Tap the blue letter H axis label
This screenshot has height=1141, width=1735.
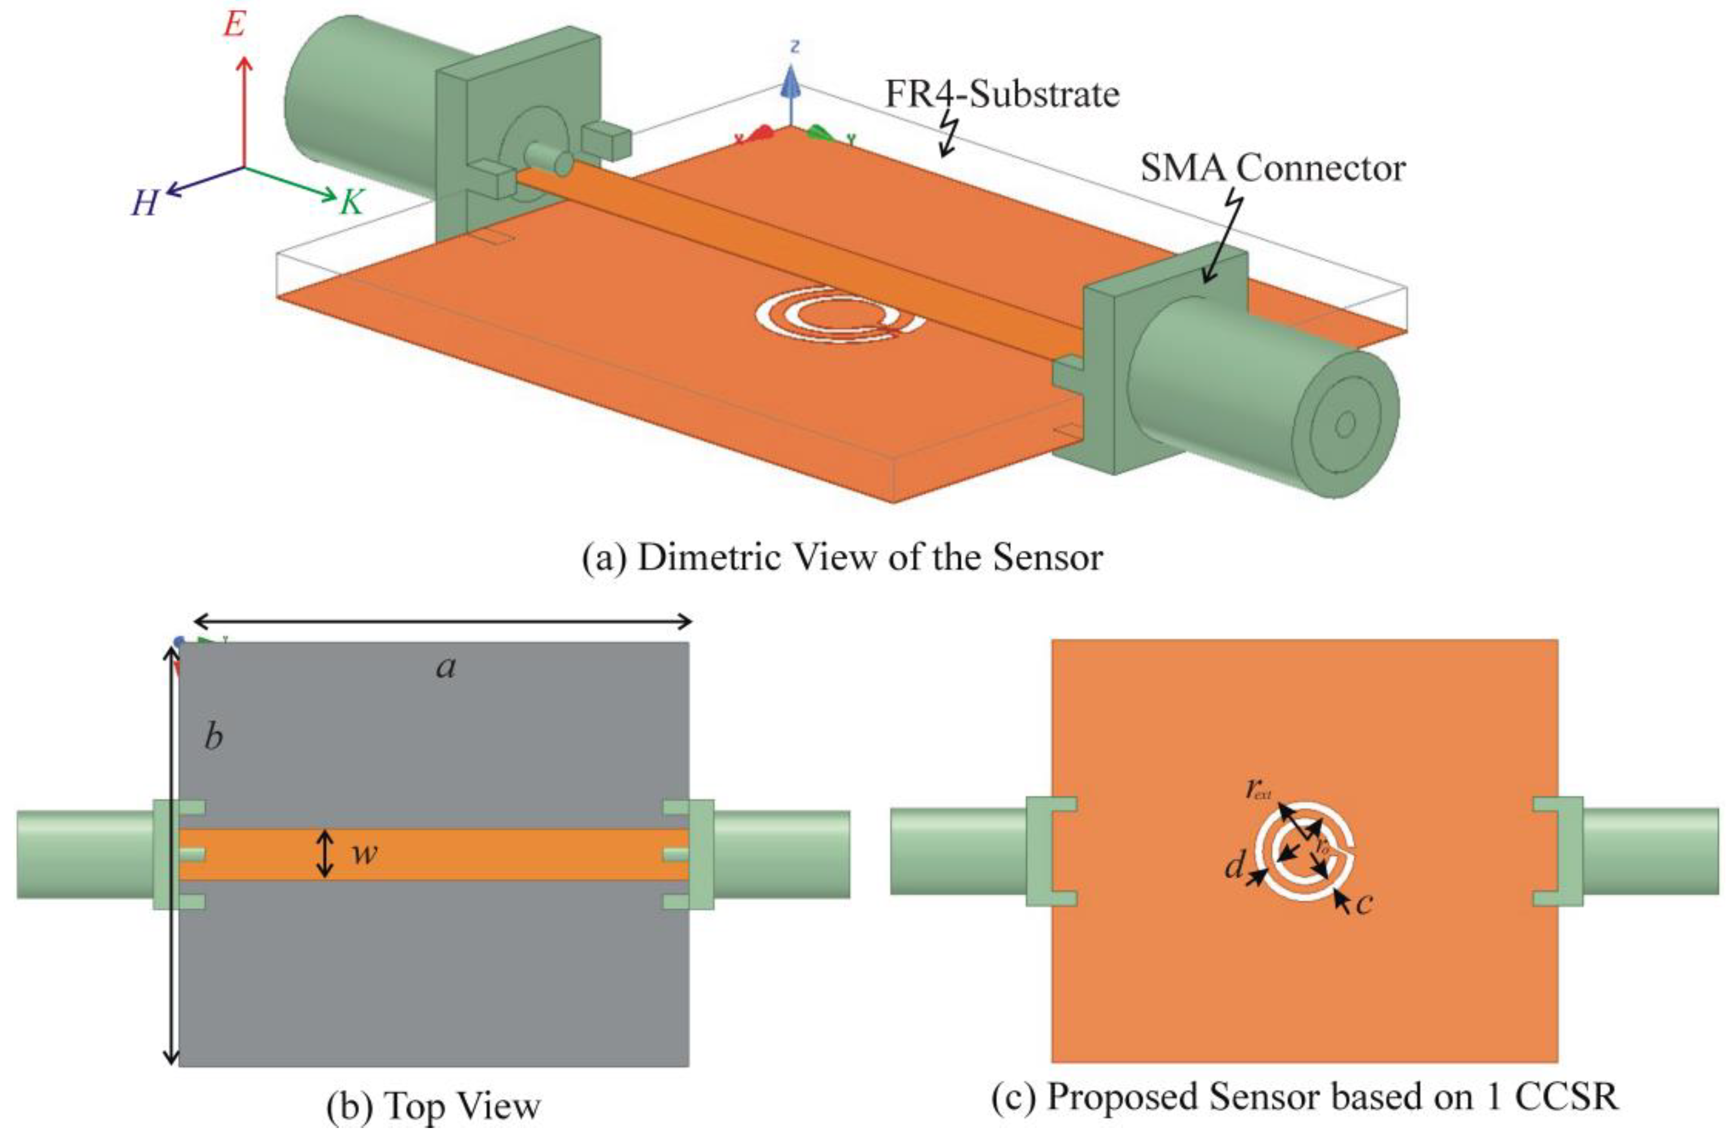click(145, 203)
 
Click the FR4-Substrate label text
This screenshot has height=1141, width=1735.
click(1001, 95)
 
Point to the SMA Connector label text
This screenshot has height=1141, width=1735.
click(1272, 168)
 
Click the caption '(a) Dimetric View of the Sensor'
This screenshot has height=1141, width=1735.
click(842, 558)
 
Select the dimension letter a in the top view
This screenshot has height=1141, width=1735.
click(446, 667)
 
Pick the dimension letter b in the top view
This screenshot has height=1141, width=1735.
click(213, 738)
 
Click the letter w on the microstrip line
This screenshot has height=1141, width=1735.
click(364, 853)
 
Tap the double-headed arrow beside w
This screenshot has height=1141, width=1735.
click(326, 853)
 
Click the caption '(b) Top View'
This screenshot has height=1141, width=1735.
click(434, 1106)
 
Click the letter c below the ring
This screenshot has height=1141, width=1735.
click(1363, 903)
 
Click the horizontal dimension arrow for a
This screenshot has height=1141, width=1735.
click(442, 621)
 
